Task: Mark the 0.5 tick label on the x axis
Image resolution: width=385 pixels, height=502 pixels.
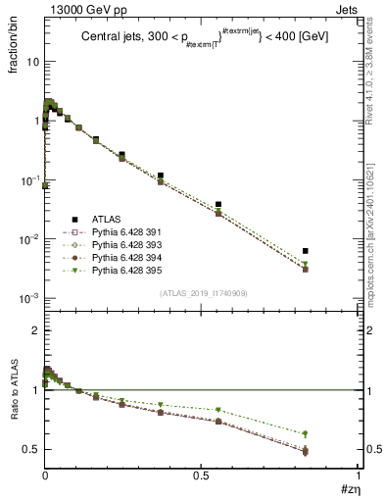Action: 201,475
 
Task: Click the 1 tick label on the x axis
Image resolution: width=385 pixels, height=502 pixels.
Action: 358,475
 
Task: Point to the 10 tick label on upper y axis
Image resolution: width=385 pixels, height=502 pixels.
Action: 30,61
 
